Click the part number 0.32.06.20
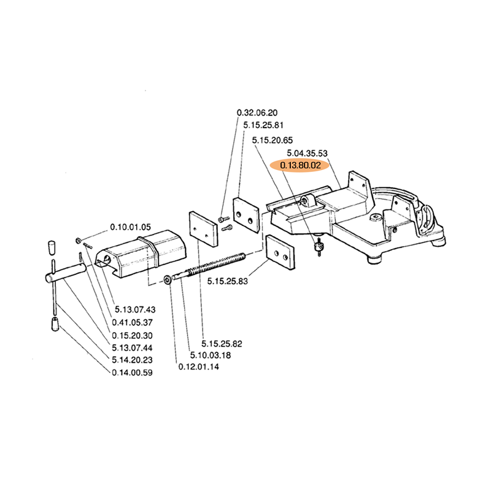coord(257,113)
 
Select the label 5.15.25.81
coord(263,125)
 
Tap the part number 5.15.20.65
coord(273,141)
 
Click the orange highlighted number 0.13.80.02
coord(301,166)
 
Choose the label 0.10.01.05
coord(131,227)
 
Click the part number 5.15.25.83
coord(228,281)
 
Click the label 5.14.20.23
coord(133,360)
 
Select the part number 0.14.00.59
coord(133,373)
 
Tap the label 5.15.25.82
coord(222,344)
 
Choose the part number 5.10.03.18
coord(210,355)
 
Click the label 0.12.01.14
coord(199,367)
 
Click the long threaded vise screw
coord(209,267)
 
